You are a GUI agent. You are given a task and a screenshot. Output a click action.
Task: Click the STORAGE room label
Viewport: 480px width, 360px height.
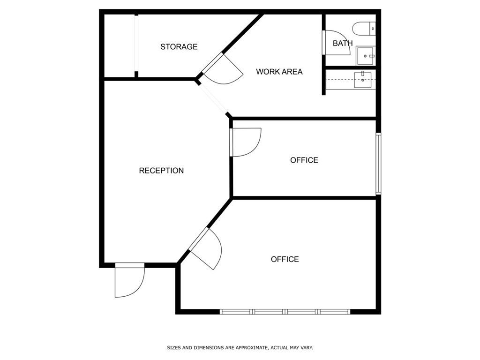point(179,47)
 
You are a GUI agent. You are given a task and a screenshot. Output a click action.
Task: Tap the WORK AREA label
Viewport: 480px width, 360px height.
point(279,72)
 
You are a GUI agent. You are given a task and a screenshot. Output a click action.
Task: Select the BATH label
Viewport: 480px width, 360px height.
point(343,44)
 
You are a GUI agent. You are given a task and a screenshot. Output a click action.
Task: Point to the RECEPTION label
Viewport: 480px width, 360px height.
point(161,171)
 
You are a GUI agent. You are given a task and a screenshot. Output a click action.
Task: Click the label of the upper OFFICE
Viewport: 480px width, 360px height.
point(304,160)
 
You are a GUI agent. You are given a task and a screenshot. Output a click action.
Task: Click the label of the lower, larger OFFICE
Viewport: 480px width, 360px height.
point(285,259)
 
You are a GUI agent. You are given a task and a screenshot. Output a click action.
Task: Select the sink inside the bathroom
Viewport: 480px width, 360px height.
point(365,56)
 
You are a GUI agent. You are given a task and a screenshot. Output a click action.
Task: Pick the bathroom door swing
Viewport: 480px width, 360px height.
point(336,43)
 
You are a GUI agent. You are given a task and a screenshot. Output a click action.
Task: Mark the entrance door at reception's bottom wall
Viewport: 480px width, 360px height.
point(129,280)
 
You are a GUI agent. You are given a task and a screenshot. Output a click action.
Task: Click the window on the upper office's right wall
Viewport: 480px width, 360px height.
point(378,164)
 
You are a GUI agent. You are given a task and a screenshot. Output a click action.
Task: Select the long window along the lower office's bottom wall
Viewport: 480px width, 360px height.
point(285,312)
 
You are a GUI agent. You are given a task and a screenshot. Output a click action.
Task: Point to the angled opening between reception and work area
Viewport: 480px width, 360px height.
point(214,99)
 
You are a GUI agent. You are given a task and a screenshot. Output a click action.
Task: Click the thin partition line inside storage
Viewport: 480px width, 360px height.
point(136,46)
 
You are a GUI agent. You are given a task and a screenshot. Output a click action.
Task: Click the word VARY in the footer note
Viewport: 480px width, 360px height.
point(307,348)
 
